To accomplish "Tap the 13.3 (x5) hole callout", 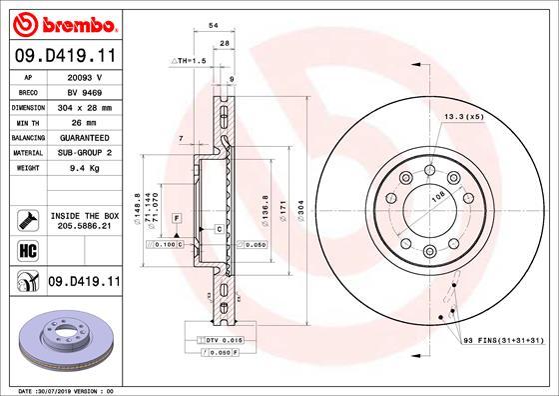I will [x=465, y=117].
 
